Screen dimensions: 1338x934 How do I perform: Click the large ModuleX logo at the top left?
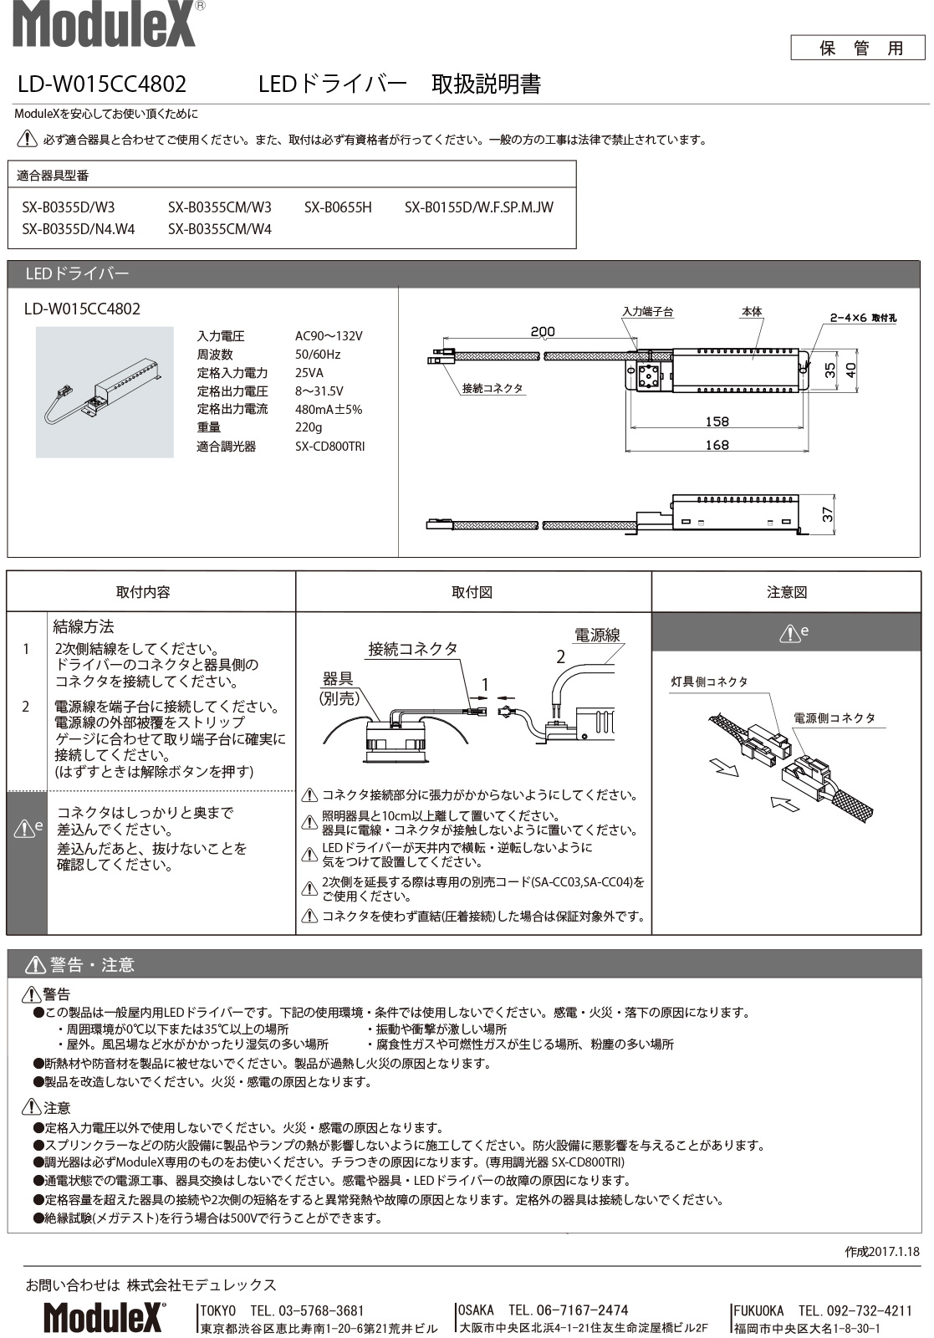tap(105, 24)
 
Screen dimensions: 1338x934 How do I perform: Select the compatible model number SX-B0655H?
tap(338, 207)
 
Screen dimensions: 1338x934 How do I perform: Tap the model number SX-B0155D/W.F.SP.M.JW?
tap(478, 207)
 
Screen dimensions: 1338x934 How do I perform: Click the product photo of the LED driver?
tap(105, 392)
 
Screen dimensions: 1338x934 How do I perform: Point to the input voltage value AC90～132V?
tap(329, 336)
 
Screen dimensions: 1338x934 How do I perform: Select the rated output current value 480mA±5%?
tap(329, 410)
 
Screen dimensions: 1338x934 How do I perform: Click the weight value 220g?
tap(309, 428)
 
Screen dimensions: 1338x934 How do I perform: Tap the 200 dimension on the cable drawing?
tap(542, 332)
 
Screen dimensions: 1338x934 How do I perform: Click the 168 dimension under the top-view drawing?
tap(717, 445)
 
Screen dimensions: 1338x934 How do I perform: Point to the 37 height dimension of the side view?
tap(828, 513)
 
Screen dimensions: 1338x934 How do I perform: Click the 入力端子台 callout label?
tap(647, 311)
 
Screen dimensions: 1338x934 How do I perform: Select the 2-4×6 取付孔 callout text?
tap(862, 318)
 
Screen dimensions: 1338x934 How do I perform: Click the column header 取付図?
tap(472, 592)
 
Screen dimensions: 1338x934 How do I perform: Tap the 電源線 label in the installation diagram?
tap(597, 636)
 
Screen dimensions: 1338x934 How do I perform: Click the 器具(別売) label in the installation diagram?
tap(338, 688)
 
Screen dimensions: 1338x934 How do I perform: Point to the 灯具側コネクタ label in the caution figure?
tap(709, 682)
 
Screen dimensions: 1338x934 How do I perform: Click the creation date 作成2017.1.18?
tap(881, 1252)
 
